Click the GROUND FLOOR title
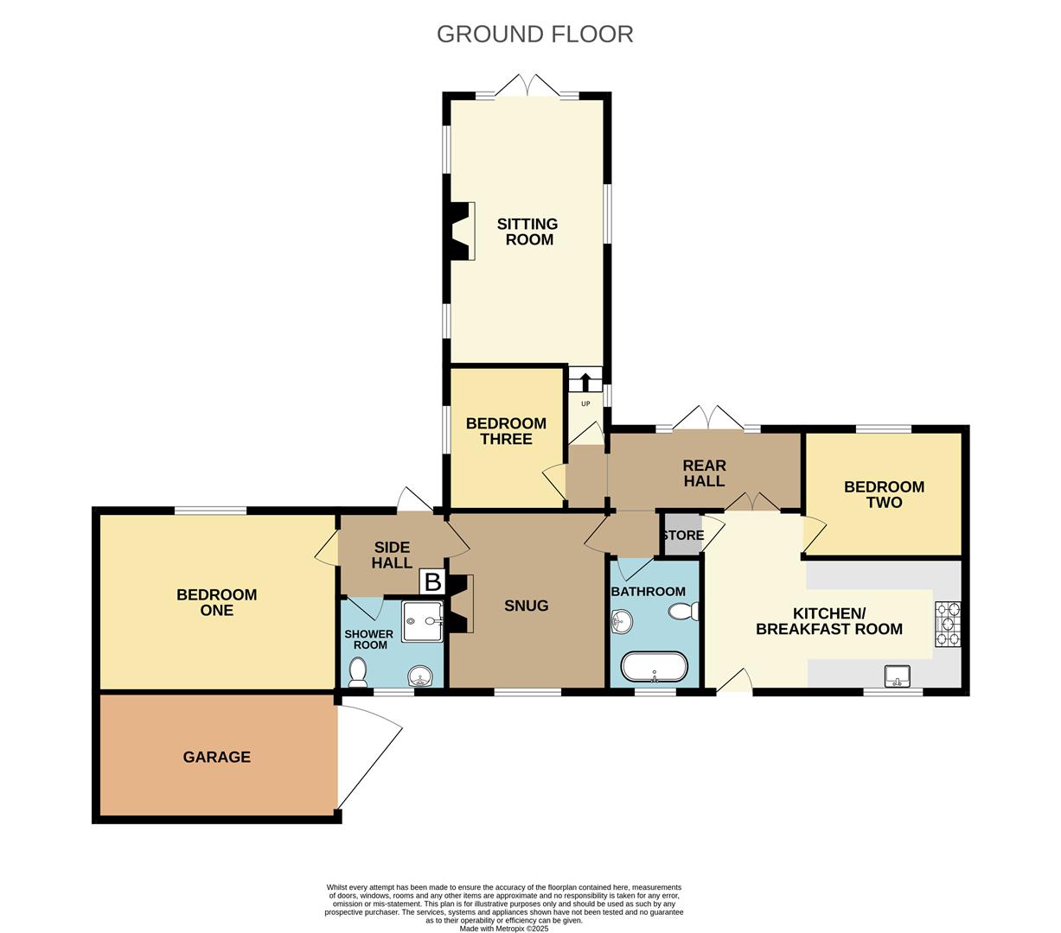(534, 34)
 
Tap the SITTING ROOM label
(527, 232)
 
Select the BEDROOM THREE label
(506, 431)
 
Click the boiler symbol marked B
(432, 581)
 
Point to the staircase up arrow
(585, 380)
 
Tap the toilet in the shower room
(357, 672)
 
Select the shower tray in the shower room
(422, 621)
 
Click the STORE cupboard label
(682, 536)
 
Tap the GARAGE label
(216, 757)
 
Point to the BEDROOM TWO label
(884, 494)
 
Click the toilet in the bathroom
(683, 612)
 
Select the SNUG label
(526, 606)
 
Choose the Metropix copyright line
(503, 929)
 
